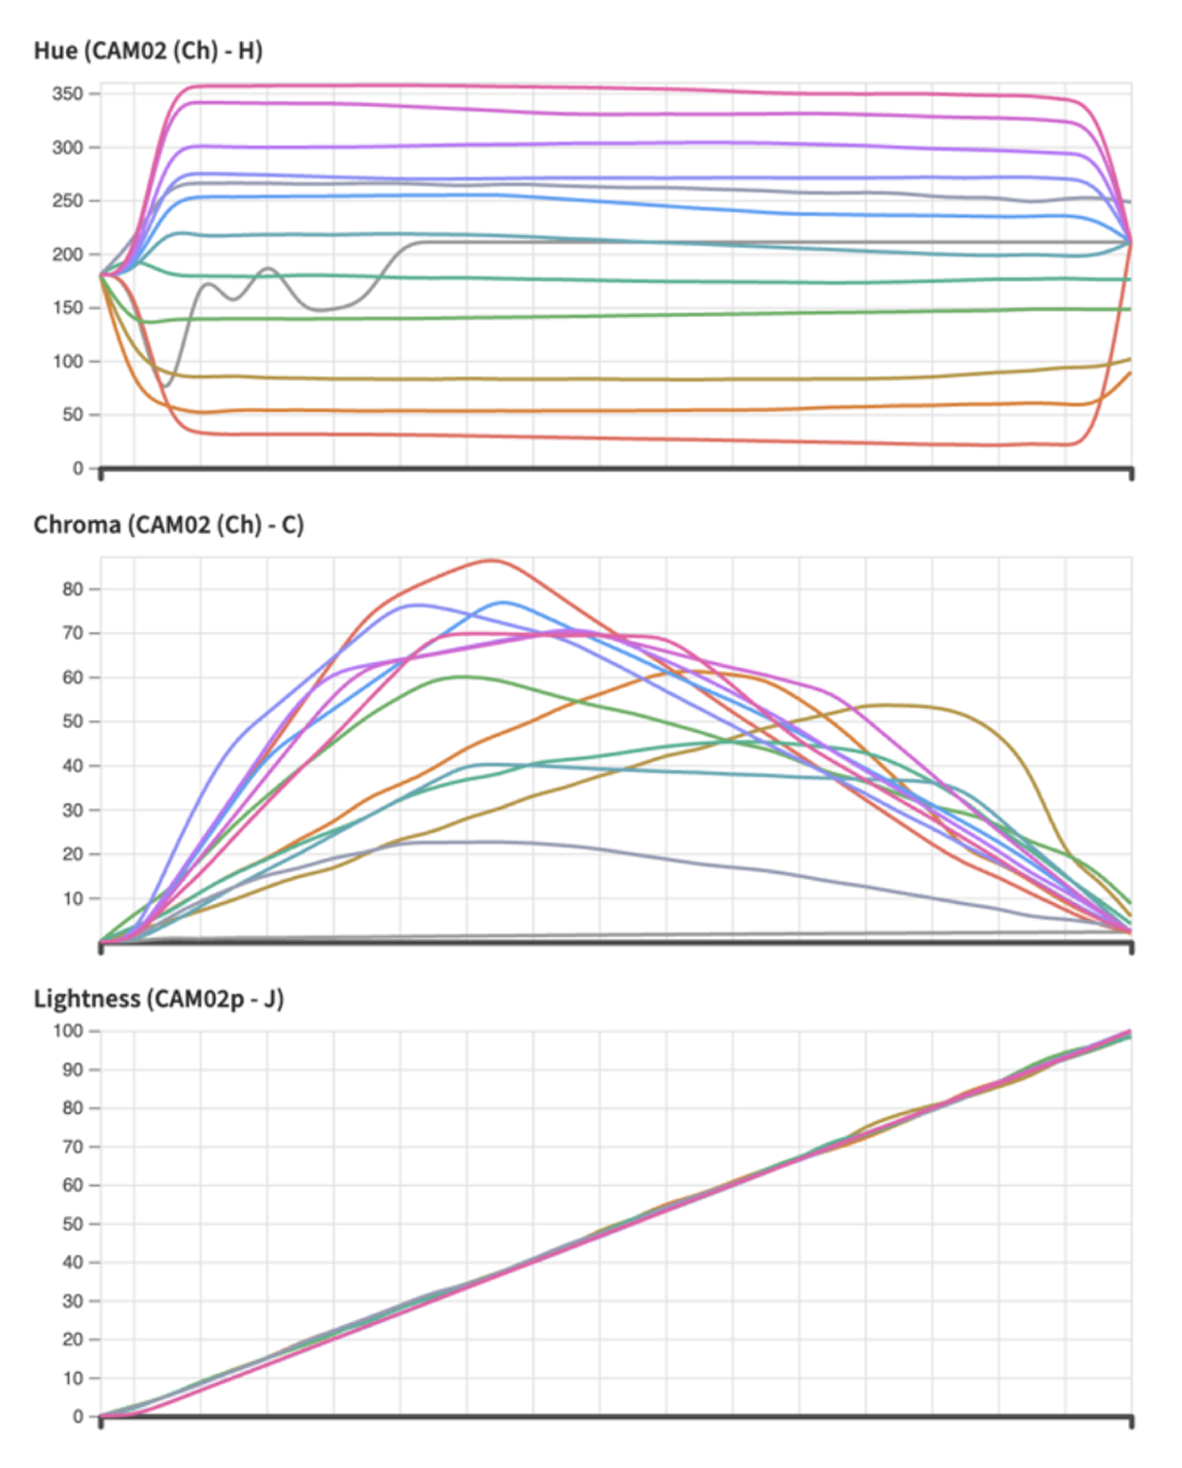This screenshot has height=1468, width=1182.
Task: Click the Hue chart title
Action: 148,51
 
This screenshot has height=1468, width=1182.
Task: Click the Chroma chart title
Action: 168,525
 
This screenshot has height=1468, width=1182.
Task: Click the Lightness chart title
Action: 158,998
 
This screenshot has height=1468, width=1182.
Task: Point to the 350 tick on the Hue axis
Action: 68,94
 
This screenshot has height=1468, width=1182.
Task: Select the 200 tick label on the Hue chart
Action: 68,255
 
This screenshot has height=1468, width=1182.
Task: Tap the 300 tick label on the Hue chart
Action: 68,148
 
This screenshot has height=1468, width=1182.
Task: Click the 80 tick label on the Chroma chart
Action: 73,589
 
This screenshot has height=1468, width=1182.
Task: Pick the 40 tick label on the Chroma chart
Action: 73,766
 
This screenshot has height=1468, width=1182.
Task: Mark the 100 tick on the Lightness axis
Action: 68,1031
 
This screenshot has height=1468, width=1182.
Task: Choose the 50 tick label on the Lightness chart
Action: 73,1224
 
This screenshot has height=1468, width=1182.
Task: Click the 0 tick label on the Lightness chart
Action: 78,1416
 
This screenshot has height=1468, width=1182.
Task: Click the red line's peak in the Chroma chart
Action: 493,560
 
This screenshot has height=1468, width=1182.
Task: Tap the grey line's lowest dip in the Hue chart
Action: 165,386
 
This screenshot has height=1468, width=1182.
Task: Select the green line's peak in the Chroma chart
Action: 463,677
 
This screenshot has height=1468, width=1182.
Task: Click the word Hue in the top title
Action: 55,51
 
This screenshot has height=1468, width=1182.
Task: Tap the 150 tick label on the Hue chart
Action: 68,308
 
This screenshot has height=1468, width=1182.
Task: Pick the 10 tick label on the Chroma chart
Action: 73,898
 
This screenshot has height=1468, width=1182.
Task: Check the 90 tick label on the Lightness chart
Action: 73,1069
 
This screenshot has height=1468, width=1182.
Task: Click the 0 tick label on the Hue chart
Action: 78,469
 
